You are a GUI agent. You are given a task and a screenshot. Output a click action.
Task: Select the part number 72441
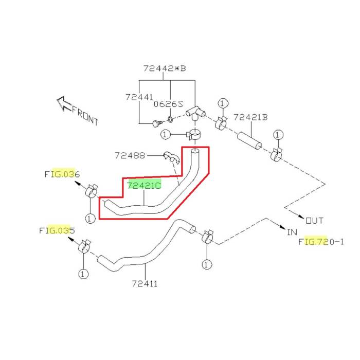tap(139, 97)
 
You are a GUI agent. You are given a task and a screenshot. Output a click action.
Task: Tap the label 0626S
tap(168, 103)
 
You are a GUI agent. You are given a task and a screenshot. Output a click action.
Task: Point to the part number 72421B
tap(250, 117)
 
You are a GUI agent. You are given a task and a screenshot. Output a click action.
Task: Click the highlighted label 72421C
tap(145, 185)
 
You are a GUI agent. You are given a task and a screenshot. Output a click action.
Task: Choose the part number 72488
tap(130, 155)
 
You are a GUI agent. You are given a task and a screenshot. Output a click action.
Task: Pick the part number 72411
tap(145, 283)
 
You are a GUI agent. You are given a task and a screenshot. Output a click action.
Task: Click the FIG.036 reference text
tap(62, 174)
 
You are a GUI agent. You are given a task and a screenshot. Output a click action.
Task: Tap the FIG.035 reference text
tap(57, 230)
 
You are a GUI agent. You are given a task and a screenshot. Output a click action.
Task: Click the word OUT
tap(315, 221)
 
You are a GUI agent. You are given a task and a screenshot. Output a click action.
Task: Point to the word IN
tap(292, 232)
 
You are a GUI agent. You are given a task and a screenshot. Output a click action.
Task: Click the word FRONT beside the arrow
tap(85, 115)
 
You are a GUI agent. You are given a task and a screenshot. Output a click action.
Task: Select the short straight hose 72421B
tap(249, 140)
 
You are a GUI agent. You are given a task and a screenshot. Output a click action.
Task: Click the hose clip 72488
tap(170, 156)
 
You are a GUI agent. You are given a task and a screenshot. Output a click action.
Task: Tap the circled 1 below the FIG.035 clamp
tap(83, 274)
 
